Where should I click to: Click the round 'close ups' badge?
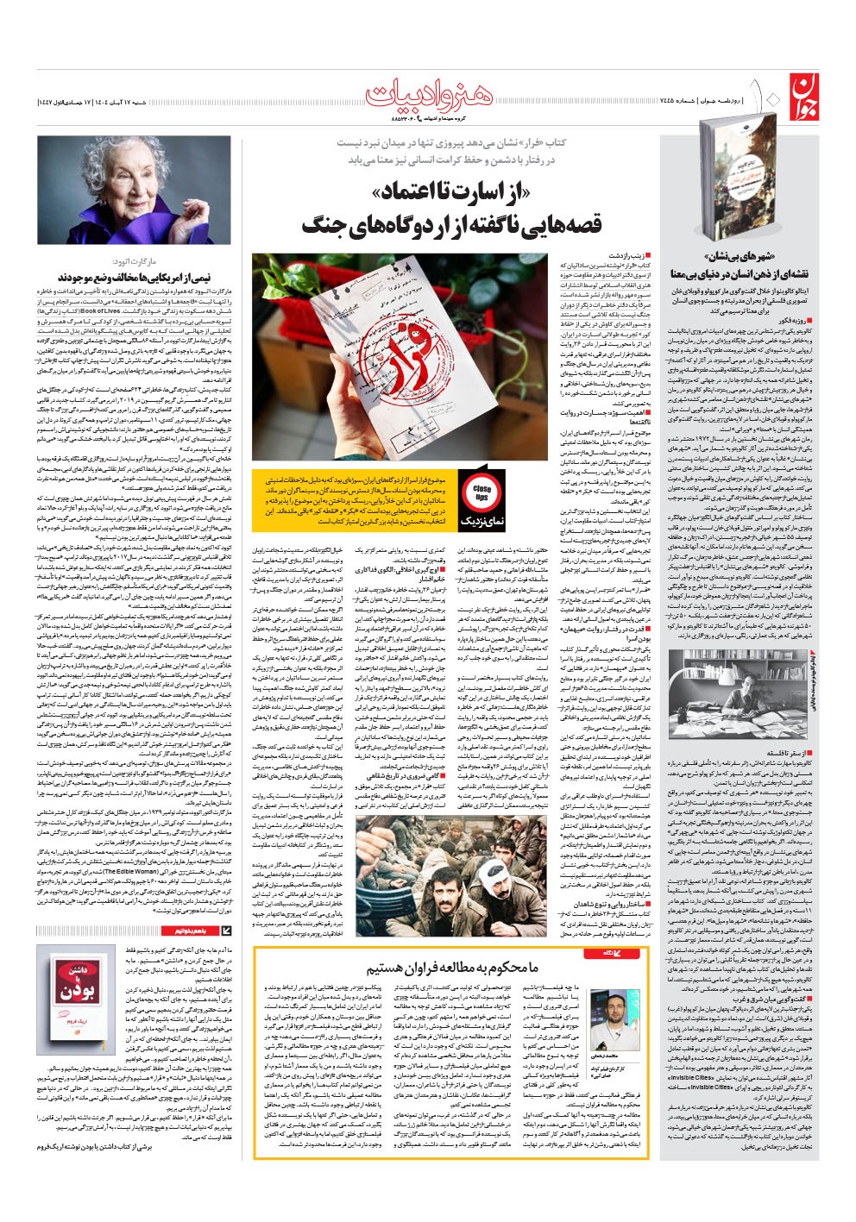pyautogui.click(x=481, y=492)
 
